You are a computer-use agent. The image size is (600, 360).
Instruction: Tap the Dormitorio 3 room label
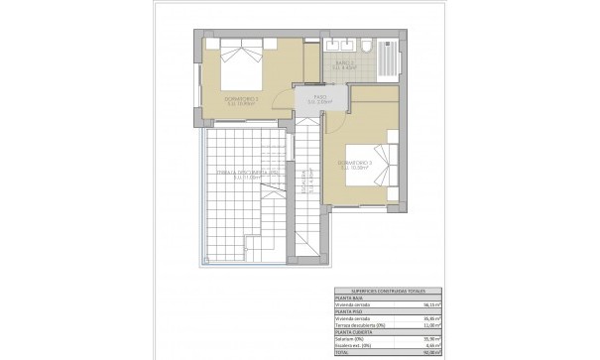(355, 163)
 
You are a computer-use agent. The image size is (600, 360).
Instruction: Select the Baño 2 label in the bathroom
(343, 66)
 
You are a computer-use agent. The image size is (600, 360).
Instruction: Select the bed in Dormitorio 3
(383, 163)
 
